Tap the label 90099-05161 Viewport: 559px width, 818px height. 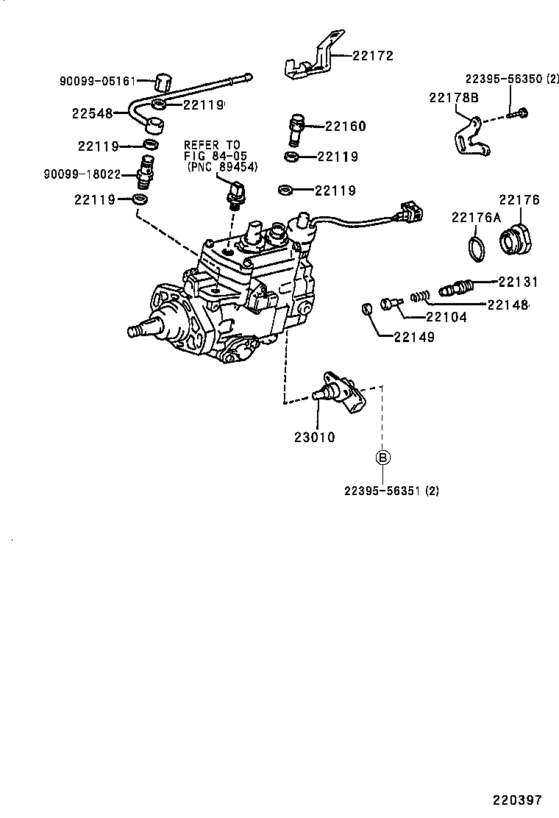(98, 81)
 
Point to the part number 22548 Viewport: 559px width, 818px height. (92, 114)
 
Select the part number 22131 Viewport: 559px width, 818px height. (518, 282)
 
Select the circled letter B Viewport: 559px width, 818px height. (382, 458)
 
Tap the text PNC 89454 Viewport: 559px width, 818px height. (218, 168)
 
